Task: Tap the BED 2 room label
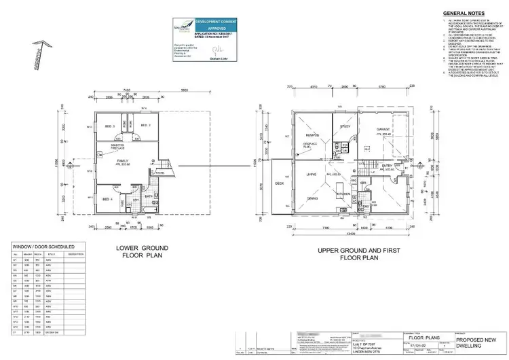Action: (145, 126)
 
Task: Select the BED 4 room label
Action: (107, 199)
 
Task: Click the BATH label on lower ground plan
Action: (148, 196)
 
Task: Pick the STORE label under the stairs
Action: (160, 173)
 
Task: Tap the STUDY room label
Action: (345, 126)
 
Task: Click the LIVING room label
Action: (312, 175)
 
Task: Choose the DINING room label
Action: (313, 198)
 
